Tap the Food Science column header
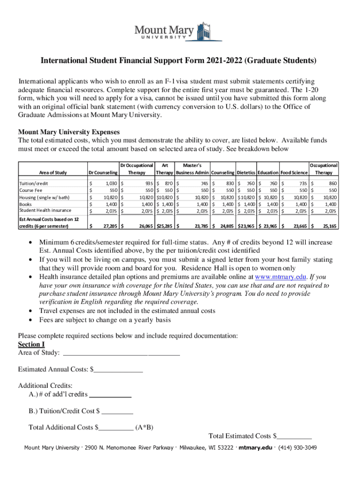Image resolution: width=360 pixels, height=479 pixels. coord(294,173)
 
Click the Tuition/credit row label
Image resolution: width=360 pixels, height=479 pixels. coord(34,184)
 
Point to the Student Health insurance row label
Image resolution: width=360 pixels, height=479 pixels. coord(45,210)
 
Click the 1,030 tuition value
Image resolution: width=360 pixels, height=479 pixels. coord(110,184)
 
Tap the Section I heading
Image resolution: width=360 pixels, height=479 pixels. coord(31,344)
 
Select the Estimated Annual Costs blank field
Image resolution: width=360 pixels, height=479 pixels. coord(118,370)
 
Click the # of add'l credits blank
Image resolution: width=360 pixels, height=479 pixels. coord(110,394)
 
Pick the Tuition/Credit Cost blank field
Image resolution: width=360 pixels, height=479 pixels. coord(117,411)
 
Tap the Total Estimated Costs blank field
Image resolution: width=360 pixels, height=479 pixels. coord(294,436)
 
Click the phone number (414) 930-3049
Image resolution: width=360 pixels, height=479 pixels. coord(297,448)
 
